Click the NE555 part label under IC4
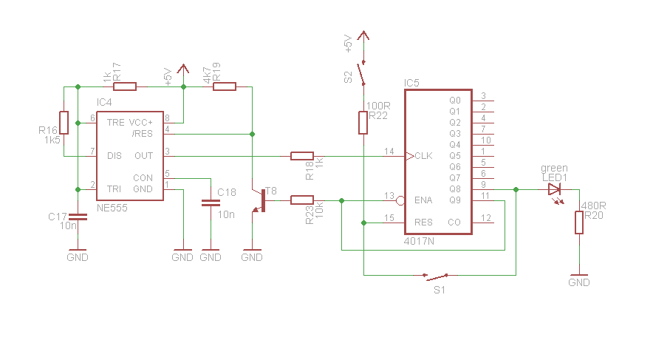click(112, 208)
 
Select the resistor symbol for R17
click(125, 86)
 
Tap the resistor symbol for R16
click(64, 123)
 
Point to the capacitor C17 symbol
click(78, 217)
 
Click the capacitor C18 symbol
click(211, 203)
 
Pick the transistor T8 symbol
click(260, 201)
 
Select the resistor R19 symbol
click(225, 86)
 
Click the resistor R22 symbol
click(363, 123)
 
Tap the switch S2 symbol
click(361, 73)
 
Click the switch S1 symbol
click(436, 276)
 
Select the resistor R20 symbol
click(579, 223)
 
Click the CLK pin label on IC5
click(423, 156)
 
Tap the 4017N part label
click(419, 241)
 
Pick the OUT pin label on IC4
click(144, 156)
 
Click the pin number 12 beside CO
click(486, 218)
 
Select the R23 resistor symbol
click(302, 200)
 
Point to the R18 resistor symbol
click(302, 156)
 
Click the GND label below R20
click(579, 283)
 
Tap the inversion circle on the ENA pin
click(400, 201)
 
